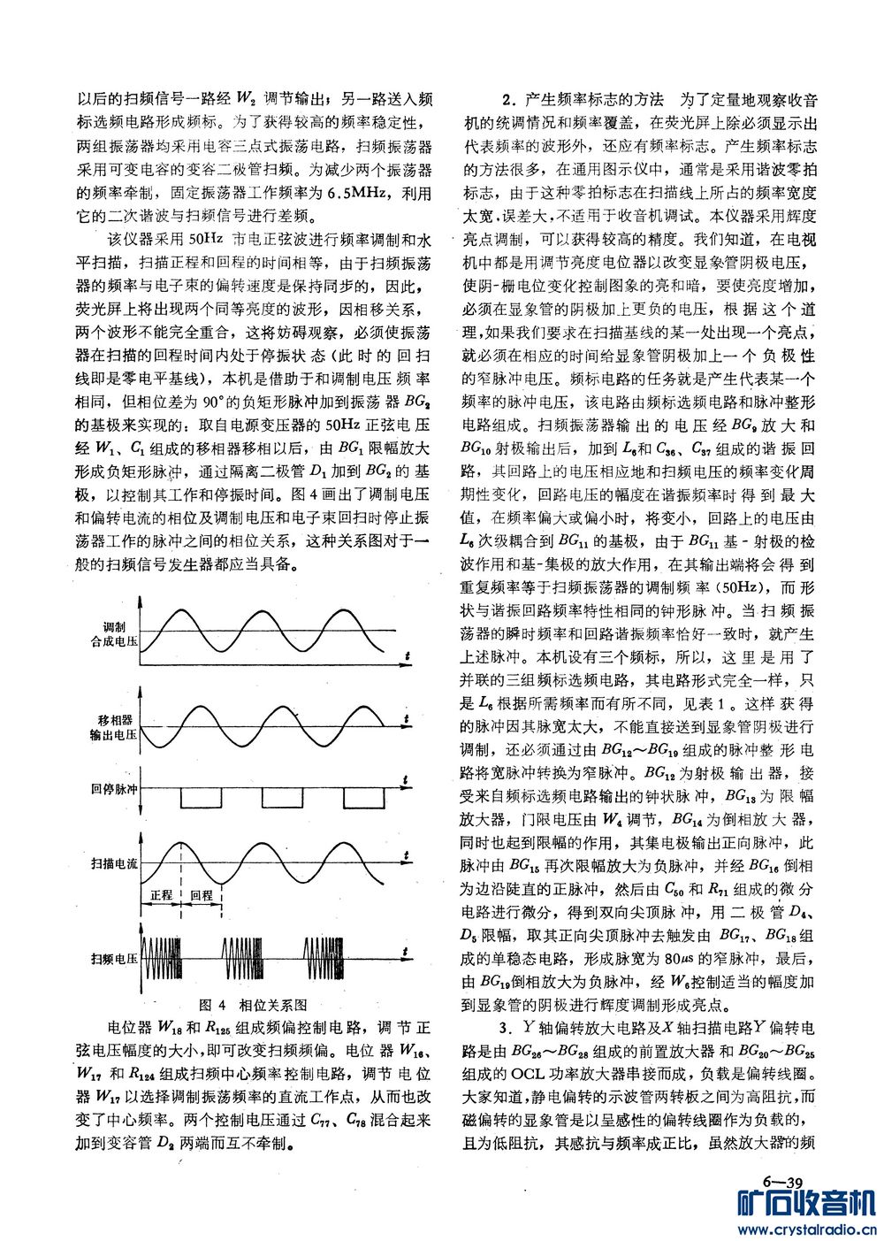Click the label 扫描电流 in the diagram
pos(114,863)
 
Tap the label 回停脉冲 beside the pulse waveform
pos(114,789)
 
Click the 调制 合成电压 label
pos(114,631)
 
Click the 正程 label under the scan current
pos(160,895)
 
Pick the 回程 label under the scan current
pos(202,895)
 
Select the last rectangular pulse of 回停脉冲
pos(363,798)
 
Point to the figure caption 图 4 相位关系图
pos(254,1005)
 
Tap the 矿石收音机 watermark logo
pos(805,1204)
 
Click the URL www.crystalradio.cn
pos(805,1229)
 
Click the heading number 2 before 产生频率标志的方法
pos(507,99)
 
